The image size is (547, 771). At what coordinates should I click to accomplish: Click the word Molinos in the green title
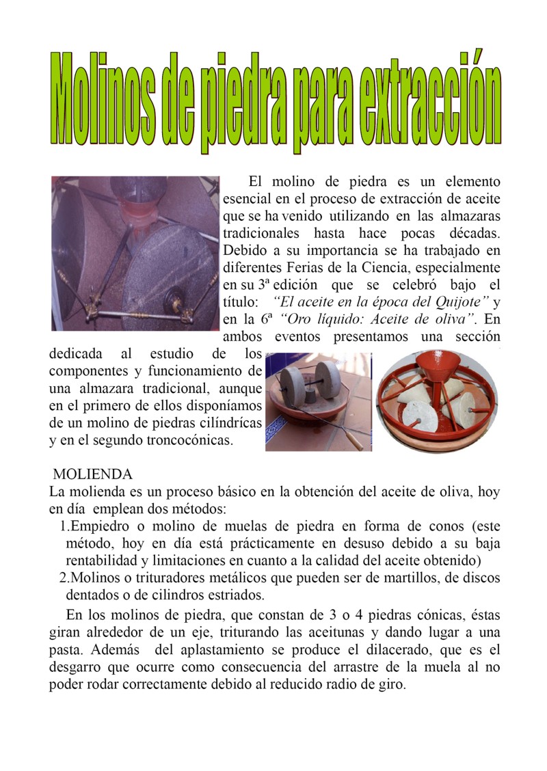pyautogui.click(x=108, y=101)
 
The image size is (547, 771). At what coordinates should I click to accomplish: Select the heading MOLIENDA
pyautogui.click(x=93, y=474)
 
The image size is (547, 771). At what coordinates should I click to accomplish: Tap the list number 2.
pyautogui.click(x=64, y=578)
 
